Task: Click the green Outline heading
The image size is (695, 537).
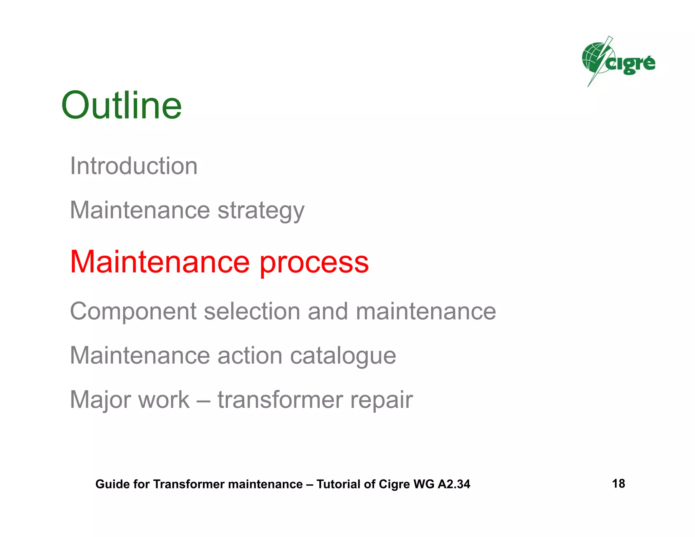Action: (121, 106)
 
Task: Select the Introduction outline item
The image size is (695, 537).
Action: (134, 166)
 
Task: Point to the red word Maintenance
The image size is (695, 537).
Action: (159, 262)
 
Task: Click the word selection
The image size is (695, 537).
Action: (252, 312)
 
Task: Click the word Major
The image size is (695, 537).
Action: (100, 400)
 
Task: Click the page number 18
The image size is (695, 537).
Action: (618, 483)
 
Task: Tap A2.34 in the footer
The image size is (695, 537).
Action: (454, 484)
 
